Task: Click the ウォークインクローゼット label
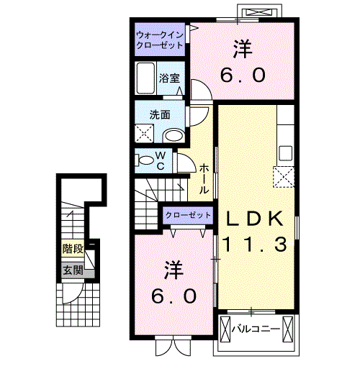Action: click(160, 40)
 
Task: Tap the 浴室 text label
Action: click(169, 78)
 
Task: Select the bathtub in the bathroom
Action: click(145, 78)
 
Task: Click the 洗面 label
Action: click(160, 114)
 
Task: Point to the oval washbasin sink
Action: click(174, 136)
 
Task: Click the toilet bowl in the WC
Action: click(145, 160)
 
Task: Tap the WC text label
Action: click(161, 160)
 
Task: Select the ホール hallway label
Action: click(204, 179)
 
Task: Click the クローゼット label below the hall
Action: click(188, 215)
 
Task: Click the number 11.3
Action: click(255, 244)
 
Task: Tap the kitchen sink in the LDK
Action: click(286, 153)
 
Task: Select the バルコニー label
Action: click(256, 329)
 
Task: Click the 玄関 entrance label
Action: click(73, 270)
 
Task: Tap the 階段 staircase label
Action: click(73, 250)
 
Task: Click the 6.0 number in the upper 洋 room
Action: click(243, 75)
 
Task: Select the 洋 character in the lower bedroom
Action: click(174, 270)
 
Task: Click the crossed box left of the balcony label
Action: click(225, 329)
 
